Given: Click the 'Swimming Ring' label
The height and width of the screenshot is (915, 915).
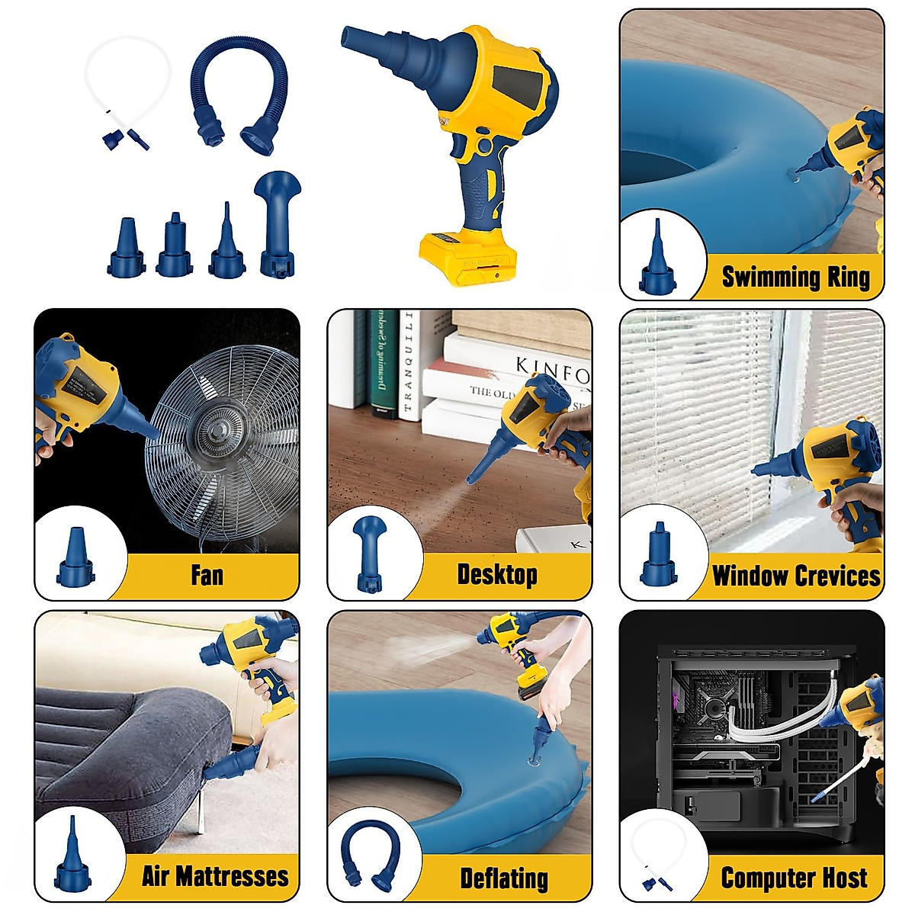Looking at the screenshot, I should point(795,277).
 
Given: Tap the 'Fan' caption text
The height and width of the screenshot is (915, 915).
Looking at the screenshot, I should point(207,574).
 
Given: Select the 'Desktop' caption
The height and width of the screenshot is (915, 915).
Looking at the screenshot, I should point(497,574).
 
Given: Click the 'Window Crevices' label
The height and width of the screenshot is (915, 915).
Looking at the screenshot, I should point(795,575).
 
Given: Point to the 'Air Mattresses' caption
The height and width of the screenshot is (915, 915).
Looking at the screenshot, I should point(215,876).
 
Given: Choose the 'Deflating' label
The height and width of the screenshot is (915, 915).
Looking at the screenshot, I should point(504,878).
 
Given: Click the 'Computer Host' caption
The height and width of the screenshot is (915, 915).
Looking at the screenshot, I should point(794,878).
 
